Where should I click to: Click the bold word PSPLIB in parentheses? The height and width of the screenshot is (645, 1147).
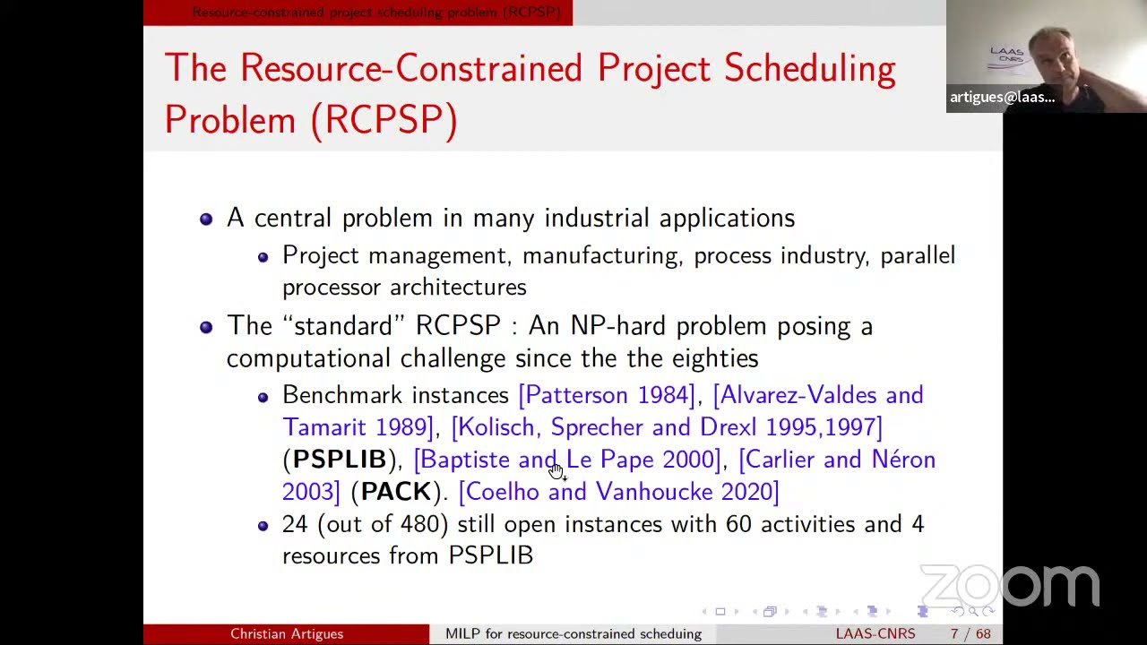click(340, 460)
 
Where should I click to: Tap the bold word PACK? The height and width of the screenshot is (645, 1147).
click(395, 492)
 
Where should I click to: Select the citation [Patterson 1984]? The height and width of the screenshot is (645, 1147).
click(607, 395)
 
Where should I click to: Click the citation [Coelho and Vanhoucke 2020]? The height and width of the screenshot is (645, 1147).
click(618, 492)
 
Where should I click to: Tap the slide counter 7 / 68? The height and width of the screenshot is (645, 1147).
click(970, 634)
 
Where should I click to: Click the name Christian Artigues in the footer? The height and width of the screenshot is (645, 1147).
click(287, 634)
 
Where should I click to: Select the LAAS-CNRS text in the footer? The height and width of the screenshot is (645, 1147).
click(875, 634)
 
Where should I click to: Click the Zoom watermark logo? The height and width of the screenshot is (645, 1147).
click(1010, 586)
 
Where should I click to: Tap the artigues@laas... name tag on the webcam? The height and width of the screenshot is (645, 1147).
click(1002, 98)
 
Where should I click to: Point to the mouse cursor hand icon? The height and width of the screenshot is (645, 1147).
click(556, 471)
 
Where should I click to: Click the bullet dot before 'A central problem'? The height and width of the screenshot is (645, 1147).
click(206, 219)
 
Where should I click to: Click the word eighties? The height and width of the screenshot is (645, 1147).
click(714, 358)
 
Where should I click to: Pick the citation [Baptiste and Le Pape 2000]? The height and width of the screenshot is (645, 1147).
click(567, 460)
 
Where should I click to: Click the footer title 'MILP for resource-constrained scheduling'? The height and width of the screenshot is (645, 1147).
click(573, 634)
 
